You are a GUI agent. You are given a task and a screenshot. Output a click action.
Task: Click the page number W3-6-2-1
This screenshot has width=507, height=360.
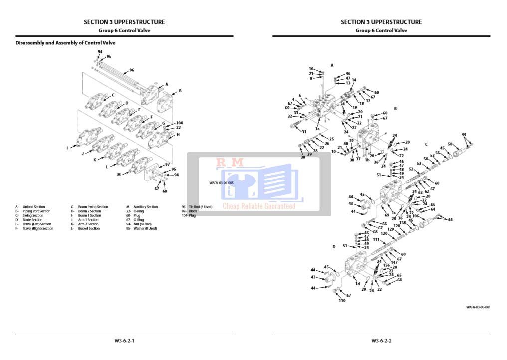pyautogui.click(x=124, y=341)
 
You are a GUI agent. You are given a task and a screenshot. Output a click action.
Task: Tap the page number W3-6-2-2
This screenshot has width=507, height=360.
pyautogui.click(x=381, y=341)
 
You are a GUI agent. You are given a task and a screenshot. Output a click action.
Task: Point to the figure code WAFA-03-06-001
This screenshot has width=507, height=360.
pyautogui.click(x=478, y=307)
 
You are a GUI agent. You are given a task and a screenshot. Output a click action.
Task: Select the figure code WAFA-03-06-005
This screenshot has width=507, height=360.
pyautogui.click(x=221, y=183)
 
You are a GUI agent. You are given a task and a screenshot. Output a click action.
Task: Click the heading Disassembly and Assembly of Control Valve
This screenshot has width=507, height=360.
pyautogui.click(x=65, y=43)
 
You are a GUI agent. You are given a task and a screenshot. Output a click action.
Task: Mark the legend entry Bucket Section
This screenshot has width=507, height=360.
pyautogui.click(x=89, y=229)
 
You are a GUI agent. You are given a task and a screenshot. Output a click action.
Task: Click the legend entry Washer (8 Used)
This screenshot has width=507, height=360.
pyautogui.click(x=145, y=229)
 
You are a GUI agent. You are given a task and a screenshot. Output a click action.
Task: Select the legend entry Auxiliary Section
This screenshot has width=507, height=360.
pyautogui.click(x=145, y=207)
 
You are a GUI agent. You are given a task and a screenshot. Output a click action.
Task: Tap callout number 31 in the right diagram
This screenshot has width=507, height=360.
pyautogui.click(x=303, y=132)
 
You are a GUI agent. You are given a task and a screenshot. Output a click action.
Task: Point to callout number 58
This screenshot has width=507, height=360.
pyautogui.click(x=450, y=144)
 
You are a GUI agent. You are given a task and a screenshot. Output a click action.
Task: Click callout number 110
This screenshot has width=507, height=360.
pyautogui.click(x=342, y=301)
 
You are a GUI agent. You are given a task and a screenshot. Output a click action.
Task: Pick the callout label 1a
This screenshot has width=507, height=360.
pyautogui.click(x=317, y=129)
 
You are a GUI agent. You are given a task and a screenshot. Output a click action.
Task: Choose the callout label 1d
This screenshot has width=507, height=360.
pyautogui.click(x=357, y=284)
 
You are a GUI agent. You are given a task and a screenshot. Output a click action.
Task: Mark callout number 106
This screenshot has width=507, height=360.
pyautogui.click(x=415, y=216)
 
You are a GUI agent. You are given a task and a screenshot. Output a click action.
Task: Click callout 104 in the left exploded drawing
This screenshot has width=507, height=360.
pyautogui.click(x=179, y=123)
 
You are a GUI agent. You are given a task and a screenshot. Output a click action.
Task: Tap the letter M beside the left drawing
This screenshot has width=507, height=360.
pyautogui.click(x=119, y=175)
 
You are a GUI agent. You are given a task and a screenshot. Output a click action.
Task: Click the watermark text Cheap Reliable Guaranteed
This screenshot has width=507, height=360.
pyautogui.click(x=258, y=206)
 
